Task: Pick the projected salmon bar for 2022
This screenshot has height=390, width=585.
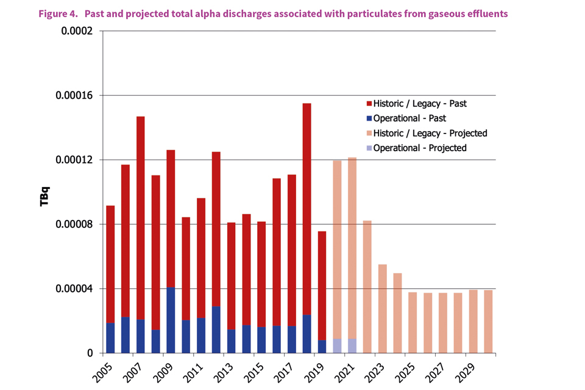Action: pyautogui.click(x=367, y=286)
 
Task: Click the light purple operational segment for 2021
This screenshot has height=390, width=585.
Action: pyautogui.click(x=352, y=346)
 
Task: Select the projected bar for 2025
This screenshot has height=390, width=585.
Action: pyautogui.click(x=413, y=322)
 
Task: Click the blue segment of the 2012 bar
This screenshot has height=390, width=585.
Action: pyautogui.click(x=216, y=330)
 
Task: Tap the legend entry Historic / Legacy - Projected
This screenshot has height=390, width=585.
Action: pyautogui.click(x=426, y=133)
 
